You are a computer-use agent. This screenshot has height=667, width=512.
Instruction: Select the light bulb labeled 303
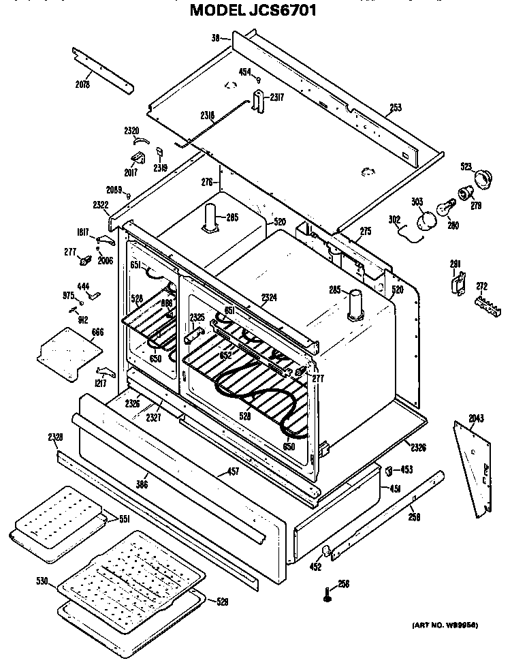426,219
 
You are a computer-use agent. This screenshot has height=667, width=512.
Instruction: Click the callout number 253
395,107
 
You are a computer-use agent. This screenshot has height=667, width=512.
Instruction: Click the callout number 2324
269,297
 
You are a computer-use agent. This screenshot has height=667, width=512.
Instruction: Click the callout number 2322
100,204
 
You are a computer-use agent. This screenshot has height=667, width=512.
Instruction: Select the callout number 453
406,469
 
